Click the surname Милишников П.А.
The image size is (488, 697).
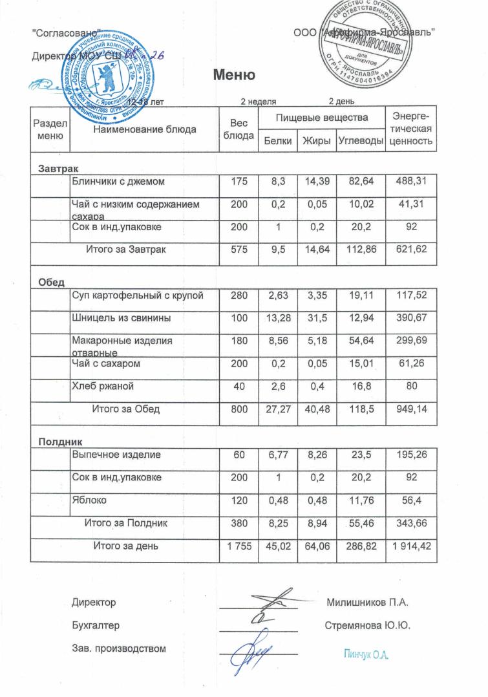(x=368, y=603)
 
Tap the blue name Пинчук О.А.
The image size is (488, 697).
(x=366, y=654)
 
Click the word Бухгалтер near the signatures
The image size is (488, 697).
(x=95, y=626)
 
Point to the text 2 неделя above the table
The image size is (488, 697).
(x=259, y=102)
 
